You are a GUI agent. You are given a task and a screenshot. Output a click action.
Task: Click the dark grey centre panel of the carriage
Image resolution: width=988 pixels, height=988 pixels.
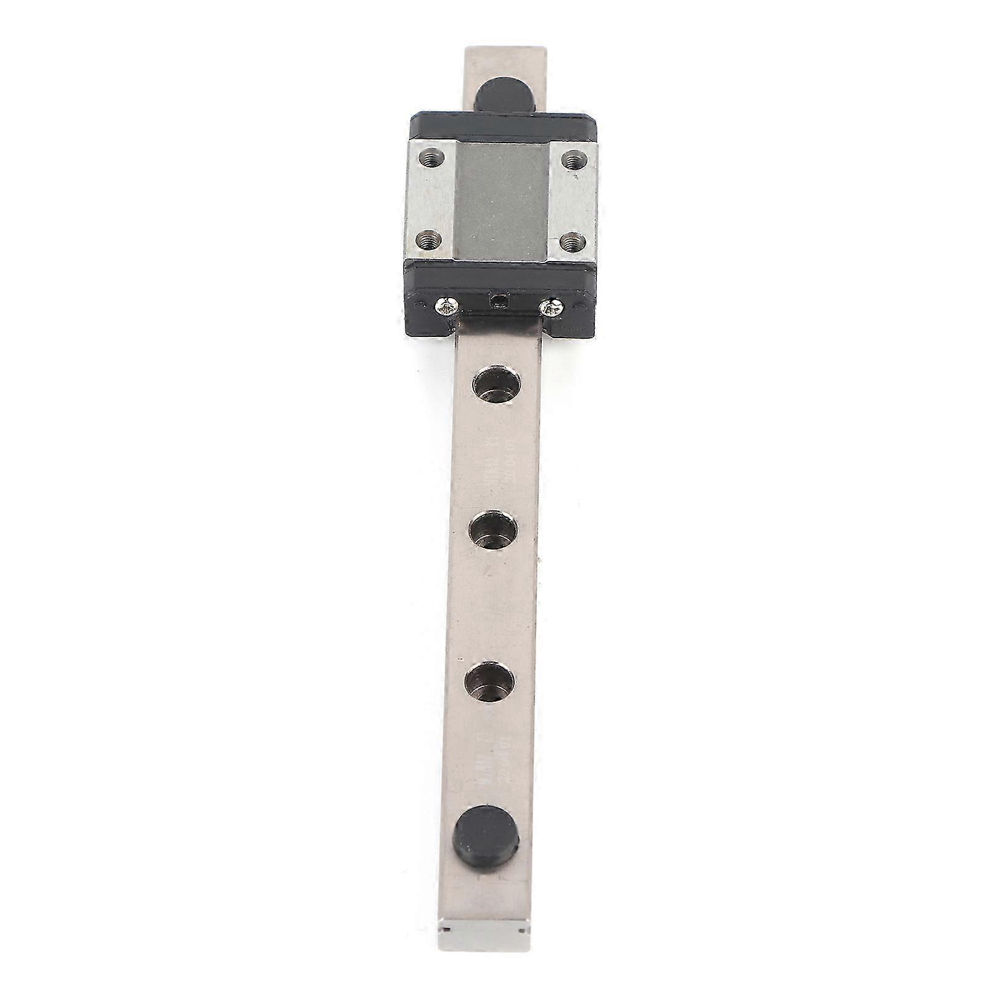coord(501,197)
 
